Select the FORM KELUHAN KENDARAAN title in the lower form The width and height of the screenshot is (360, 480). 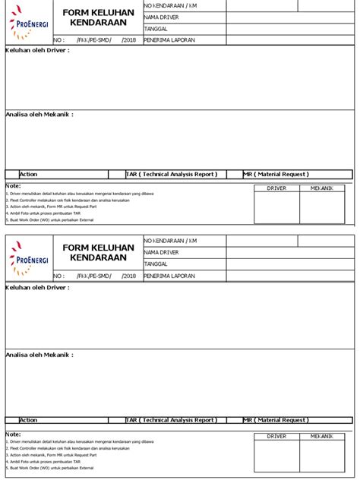[x=98, y=253]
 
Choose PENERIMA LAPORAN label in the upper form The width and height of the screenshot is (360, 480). [x=169, y=39]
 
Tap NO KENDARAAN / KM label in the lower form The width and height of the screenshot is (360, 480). [x=170, y=240]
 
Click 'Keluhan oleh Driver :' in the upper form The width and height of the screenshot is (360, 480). [x=37, y=50]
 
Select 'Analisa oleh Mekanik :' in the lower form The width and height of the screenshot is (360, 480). [x=39, y=353]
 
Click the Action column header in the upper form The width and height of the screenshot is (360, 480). [x=28, y=174]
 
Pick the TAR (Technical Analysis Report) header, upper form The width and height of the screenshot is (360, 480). [x=172, y=174]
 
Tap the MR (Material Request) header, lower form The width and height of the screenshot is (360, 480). [x=276, y=419]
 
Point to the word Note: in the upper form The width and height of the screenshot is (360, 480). [x=13, y=185]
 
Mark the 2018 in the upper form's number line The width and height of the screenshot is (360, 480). [x=129, y=39]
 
